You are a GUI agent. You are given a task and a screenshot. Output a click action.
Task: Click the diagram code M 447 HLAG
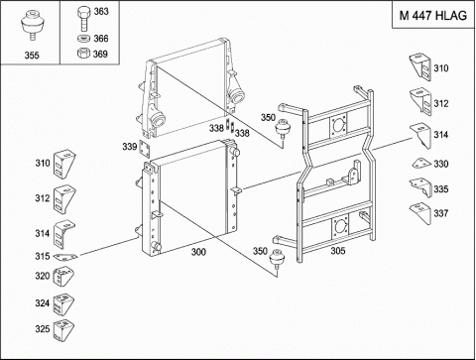433,16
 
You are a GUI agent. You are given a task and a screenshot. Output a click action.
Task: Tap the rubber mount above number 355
32,26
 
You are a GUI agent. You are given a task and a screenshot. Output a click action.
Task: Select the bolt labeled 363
83,20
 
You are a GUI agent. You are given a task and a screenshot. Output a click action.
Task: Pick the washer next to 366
84,39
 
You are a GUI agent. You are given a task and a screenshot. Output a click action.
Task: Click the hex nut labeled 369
84,54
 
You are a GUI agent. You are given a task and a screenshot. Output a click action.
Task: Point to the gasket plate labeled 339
145,149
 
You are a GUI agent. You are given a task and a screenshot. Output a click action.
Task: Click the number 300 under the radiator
198,252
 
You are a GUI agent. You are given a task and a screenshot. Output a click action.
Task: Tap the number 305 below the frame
338,251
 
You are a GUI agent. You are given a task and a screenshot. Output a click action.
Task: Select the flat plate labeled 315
65,257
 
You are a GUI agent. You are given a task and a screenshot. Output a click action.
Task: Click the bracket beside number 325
63,329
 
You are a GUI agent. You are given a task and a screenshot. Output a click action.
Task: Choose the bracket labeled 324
63,304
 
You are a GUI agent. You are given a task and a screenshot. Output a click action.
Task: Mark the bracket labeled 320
63,277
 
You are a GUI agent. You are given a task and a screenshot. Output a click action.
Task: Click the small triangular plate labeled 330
421,164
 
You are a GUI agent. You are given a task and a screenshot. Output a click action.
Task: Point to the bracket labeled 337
420,213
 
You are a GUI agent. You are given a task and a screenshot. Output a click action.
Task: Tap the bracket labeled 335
420,187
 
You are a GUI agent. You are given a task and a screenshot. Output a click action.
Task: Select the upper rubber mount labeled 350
283,128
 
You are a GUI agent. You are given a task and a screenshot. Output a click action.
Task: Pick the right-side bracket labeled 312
420,101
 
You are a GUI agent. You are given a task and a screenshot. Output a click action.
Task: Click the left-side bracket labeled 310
64,165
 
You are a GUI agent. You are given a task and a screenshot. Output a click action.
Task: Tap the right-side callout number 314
441,135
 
